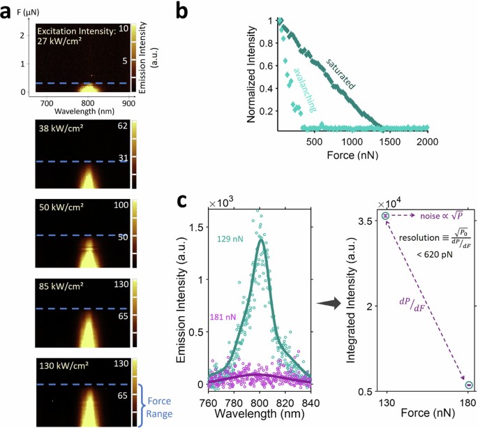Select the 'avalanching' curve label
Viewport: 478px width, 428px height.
(x=302, y=90)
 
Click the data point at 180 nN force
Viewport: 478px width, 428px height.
(x=469, y=385)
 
